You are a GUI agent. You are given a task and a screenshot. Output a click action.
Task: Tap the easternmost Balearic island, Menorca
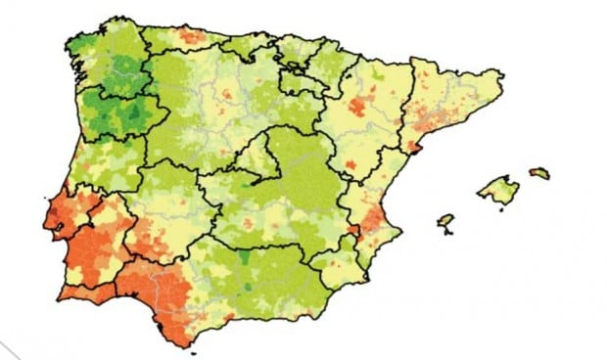tap(539, 173)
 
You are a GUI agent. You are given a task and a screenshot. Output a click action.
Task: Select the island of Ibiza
tap(446, 220)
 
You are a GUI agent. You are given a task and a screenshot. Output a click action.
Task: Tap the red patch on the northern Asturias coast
tap(192, 37)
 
